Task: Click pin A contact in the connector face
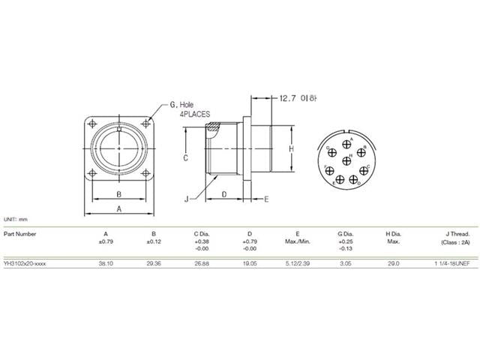(x=346, y=142)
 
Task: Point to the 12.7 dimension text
(x=288, y=98)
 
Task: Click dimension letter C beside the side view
(x=184, y=158)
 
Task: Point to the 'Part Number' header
(x=19, y=233)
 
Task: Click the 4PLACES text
(x=193, y=114)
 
